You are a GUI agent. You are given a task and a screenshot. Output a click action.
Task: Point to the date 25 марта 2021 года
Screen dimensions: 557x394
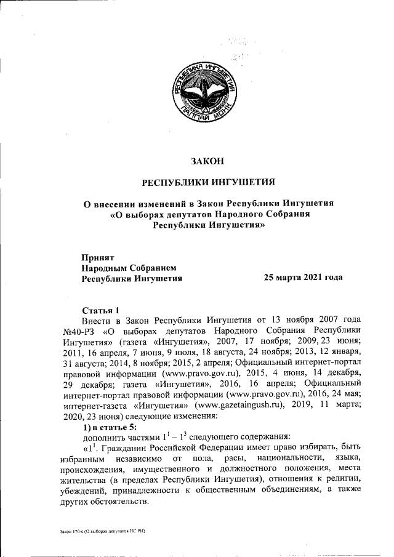click(x=303, y=278)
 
